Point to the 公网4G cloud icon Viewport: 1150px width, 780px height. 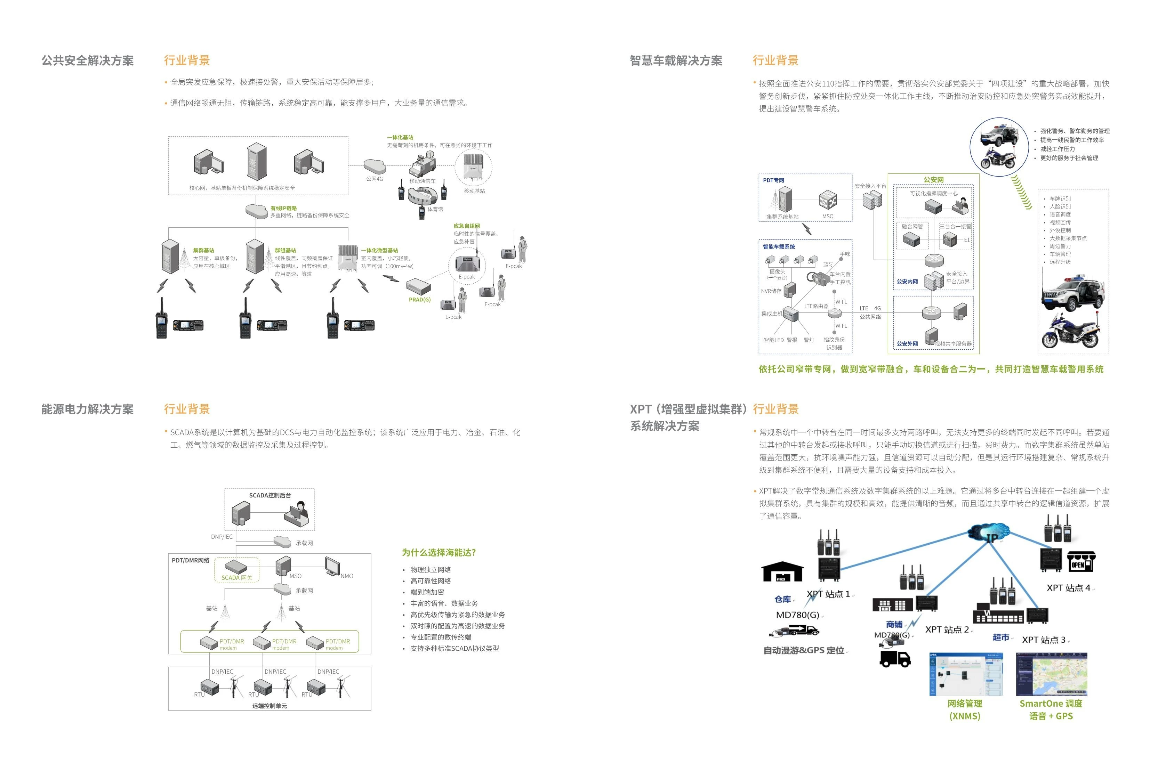pos(375,166)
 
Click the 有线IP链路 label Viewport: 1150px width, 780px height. pos(283,208)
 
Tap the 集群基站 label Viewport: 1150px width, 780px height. pos(203,250)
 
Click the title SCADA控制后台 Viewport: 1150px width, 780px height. pos(270,495)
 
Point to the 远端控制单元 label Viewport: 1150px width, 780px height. pos(270,706)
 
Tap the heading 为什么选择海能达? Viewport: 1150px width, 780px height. pos(439,552)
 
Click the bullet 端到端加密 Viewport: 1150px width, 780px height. pos(427,592)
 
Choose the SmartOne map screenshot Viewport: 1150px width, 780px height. pos(1051,674)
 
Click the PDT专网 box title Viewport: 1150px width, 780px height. pos(773,180)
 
